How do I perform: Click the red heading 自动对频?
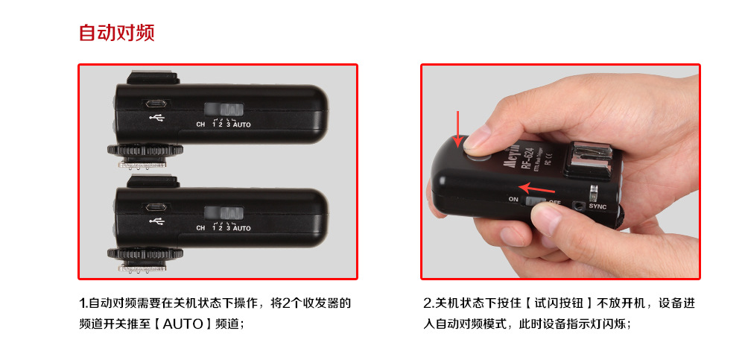[117, 33]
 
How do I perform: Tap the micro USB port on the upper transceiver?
[156, 104]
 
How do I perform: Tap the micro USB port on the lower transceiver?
[156, 207]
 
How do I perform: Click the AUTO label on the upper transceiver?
[242, 125]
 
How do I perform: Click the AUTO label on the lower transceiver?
[242, 229]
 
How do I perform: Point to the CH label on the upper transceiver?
[200, 125]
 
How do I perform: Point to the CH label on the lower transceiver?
[200, 229]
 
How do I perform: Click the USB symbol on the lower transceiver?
[156, 221]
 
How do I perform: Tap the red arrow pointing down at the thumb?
[457, 128]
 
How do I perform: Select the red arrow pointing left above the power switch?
[536, 188]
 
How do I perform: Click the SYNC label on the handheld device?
[597, 206]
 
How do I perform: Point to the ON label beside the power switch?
[513, 199]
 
